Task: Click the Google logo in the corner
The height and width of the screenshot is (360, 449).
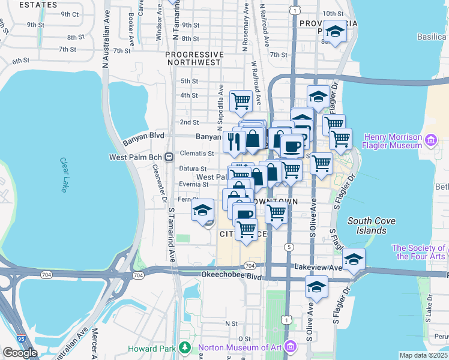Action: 20,353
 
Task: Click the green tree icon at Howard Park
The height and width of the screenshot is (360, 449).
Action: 186,347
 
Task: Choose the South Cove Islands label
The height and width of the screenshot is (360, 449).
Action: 371,226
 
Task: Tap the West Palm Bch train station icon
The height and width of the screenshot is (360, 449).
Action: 169,157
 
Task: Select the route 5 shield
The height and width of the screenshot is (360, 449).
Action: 289,247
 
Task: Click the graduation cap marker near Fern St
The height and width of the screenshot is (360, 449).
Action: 203,209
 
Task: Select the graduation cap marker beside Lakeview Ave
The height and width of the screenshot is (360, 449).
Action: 354,259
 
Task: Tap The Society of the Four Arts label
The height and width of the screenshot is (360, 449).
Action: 419,252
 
